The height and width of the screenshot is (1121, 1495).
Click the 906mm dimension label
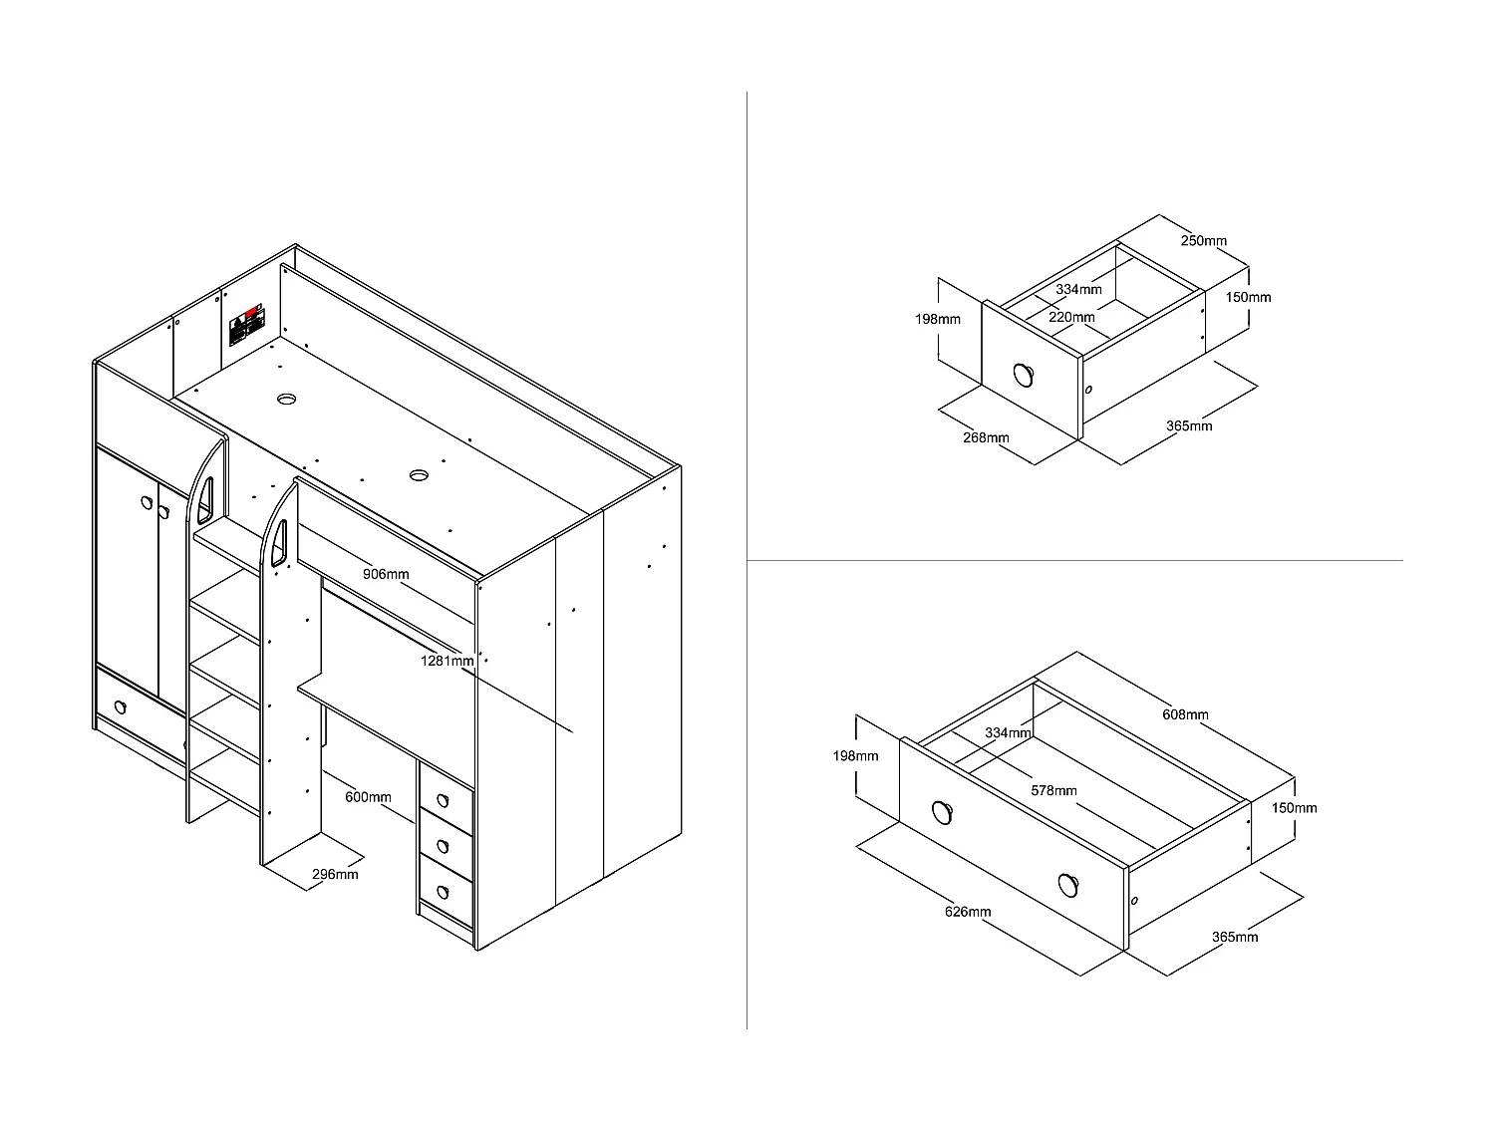tap(386, 574)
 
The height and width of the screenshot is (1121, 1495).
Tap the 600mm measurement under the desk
tap(368, 797)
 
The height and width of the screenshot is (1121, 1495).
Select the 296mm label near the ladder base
tap(335, 875)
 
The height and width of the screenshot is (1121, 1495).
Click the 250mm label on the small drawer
tap(1204, 240)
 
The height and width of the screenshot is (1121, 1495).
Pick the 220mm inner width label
tap(1072, 317)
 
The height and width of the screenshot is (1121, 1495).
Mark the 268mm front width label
tap(986, 437)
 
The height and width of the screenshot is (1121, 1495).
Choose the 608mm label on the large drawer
tap(1186, 714)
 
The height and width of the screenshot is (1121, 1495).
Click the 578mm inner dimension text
tap(1053, 790)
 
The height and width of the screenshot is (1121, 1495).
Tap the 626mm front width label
tap(968, 912)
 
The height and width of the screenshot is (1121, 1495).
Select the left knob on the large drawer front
tap(942, 812)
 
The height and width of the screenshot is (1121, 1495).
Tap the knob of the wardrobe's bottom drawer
tap(121, 707)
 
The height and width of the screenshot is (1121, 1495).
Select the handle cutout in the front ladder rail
tap(281, 543)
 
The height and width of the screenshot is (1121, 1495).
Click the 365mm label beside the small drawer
tap(1189, 425)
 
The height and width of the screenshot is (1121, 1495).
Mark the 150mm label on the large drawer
tap(1295, 807)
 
